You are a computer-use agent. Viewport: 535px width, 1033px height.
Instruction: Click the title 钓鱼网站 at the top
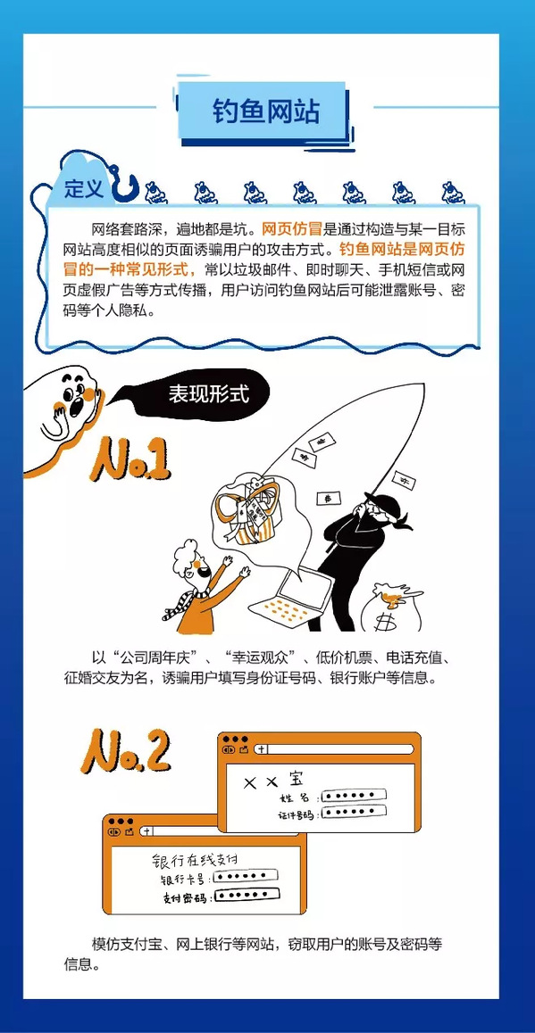(x=266, y=112)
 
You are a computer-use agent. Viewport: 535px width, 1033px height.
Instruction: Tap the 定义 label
(x=84, y=189)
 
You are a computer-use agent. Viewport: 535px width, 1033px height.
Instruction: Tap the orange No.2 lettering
(x=126, y=750)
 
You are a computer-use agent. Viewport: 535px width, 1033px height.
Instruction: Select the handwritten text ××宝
(x=273, y=780)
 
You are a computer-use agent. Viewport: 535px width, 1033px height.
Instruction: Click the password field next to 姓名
(x=352, y=795)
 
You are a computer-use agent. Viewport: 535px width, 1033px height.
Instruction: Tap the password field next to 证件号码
(x=353, y=812)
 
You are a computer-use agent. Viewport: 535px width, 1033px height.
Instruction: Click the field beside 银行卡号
(x=244, y=876)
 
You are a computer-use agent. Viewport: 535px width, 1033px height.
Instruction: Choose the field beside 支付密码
(x=247, y=896)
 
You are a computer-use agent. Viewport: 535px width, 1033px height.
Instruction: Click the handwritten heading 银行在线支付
(x=194, y=861)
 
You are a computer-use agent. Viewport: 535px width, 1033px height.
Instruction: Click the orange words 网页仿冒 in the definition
(x=291, y=230)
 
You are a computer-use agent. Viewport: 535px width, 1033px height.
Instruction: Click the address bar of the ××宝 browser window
(x=337, y=749)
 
